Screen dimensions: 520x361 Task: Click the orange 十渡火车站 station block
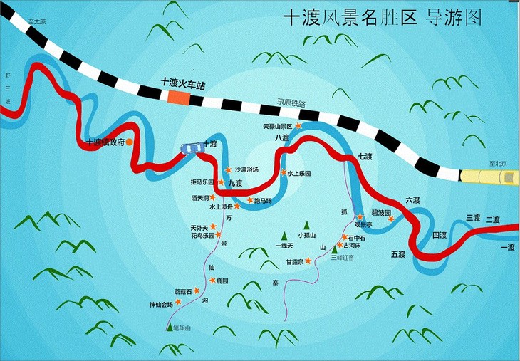click(179, 98)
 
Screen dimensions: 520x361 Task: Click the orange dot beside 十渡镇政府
click(130, 142)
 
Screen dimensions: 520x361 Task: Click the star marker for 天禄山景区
click(299, 125)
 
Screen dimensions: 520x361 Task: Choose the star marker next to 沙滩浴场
click(228, 170)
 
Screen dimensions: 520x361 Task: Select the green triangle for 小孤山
click(307, 225)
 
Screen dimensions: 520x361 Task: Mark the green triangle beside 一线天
click(284, 235)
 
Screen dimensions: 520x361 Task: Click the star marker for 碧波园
click(391, 219)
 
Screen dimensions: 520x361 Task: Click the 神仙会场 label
click(161, 305)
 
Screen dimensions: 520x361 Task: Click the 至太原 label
click(37, 22)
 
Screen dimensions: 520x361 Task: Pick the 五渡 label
click(397, 254)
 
